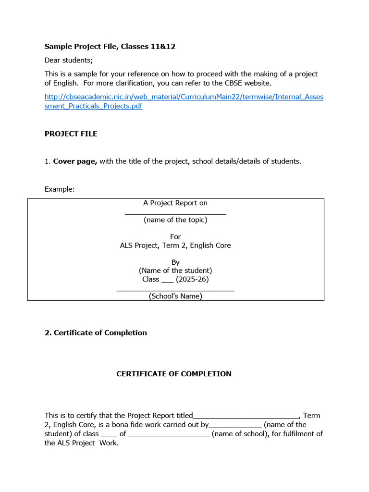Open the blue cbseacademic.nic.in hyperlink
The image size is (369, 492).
tap(184, 101)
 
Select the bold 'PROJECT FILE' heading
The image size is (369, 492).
tap(71, 134)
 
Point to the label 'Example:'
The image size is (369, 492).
tap(60, 189)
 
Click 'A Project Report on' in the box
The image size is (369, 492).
tap(175, 203)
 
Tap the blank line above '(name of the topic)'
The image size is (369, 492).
tap(175, 213)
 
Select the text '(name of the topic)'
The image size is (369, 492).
tap(175, 220)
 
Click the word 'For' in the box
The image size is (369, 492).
tap(175, 237)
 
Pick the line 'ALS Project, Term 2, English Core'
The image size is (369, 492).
tap(175, 246)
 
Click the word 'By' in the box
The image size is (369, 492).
tap(175, 262)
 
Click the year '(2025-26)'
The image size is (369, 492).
tap(192, 279)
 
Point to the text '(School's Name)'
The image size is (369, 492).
tap(175, 296)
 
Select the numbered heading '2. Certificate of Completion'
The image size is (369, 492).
tap(96, 333)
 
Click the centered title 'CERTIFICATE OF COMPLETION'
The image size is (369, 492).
tap(174, 374)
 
